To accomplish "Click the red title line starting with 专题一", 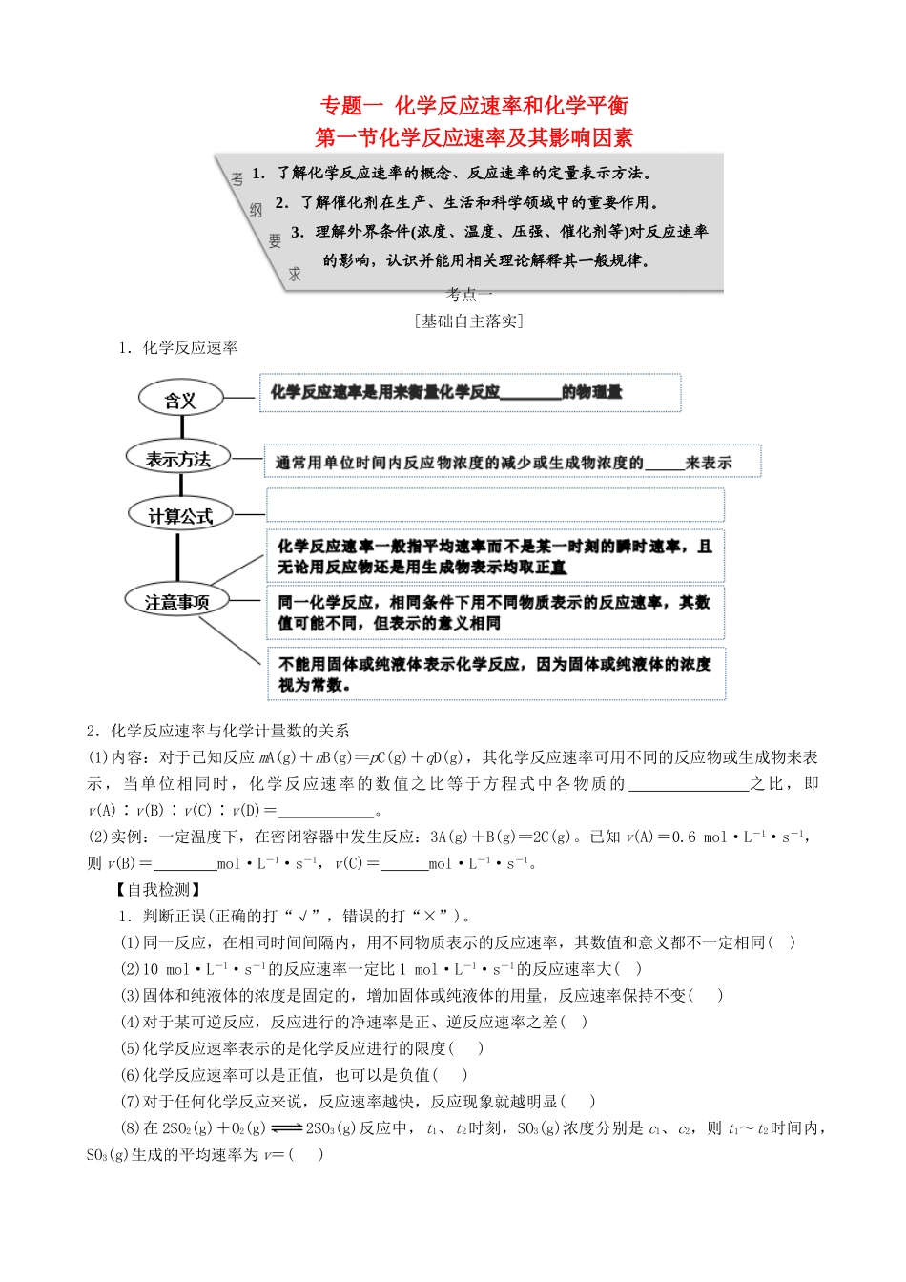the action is click(x=474, y=106).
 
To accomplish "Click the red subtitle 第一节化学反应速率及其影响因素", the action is click(x=474, y=137).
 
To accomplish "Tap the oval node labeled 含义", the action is click(x=180, y=400).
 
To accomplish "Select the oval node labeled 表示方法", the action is click(x=178, y=459).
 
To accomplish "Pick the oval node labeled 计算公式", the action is click(x=180, y=516).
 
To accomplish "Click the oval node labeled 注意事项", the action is click(x=177, y=602).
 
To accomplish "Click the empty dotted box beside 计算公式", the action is click(x=495, y=505).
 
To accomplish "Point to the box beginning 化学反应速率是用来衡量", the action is click(x=470, y=392).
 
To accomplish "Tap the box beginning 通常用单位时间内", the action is click(x=511, y=462).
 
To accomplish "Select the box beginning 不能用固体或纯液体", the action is click(x=496, y=673).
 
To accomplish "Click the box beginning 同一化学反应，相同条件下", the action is click(x=495, y=612).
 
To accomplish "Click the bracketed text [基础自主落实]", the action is click(x=469, y=321).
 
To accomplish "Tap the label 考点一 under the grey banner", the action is click(x=469, y=295).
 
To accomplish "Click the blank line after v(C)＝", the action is click(x=402, y=864).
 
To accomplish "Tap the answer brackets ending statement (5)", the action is click(x=466, y=1048).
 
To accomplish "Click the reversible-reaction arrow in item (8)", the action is click(x=287, y=1127).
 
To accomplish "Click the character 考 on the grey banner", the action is click(x=237, y=178).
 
